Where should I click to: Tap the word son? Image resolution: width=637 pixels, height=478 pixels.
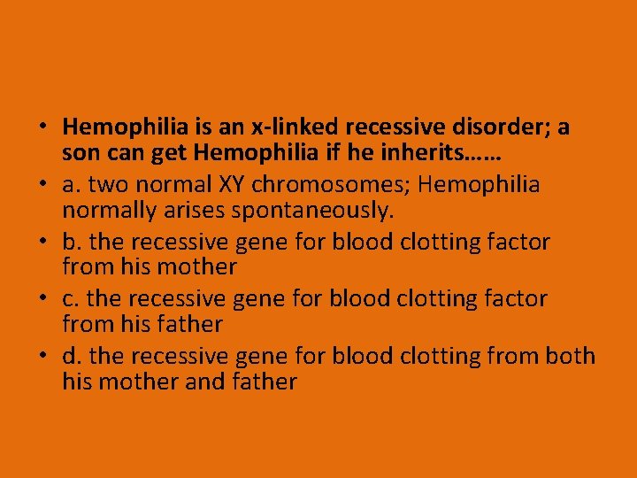point(81,154)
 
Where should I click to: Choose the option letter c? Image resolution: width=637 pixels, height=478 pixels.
point(68,298)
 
